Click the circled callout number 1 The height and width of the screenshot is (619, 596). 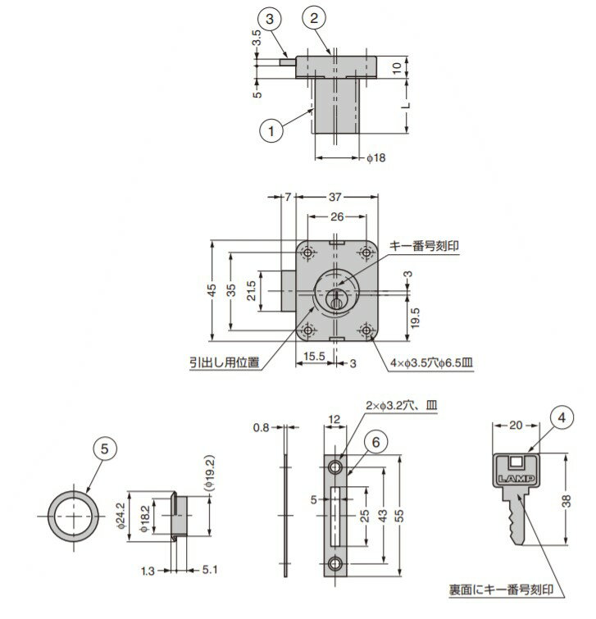pyautogui.click(x=271, y=130)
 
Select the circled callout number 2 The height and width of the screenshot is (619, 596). pyautogui.click(x=314, y=18)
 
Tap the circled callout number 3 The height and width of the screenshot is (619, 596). pyautogui.click(x=270, y=19)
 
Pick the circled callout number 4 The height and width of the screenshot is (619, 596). pyautogui.click(x=562, y=417)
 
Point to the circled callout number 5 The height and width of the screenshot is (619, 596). pyautogui.click(x=105, y=448)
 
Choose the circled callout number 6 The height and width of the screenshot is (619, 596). pyautogui.click(x=375, y=442)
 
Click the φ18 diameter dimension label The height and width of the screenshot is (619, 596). pyautogui.click(x=376, y=158)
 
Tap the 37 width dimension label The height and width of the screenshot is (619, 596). pyautogui.click(x=334, y=197)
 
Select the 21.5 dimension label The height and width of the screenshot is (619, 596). pyautogui.click(x=252, y=290)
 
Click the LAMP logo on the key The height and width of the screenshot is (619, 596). pyautogui.click(x=516, y=479)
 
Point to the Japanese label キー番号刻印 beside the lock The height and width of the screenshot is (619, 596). pyautogui.click(x=425, y=245)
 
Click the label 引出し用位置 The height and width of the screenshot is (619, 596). pyautogui.click(x=225, y=362)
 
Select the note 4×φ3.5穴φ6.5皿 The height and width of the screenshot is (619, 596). pyautogui.click(x=431, y=362)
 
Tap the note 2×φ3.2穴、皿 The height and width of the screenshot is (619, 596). pyautogui.click(x=402, y=406)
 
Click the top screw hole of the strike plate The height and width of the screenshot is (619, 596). pyautogui.click(x=336, y=467)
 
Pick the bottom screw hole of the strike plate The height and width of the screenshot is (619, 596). pyautogui.click(x=336, y=564)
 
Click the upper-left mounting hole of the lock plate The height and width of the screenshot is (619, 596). pyautogui.click(x=308, y=253)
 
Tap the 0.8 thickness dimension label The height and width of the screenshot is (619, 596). pyautogui.click(x=261, y=427)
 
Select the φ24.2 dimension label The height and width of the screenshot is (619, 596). pyautogui.click(x=121, y=516)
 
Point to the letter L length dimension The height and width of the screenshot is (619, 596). pyautogui.click(x=407, y=106)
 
